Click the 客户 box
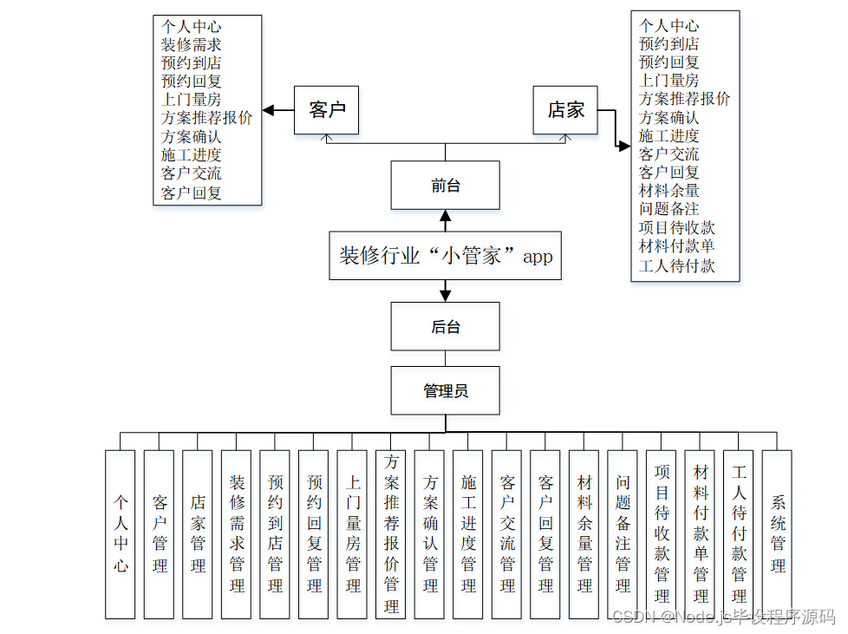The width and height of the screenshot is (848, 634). click(327, 110)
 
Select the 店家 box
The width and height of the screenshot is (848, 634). click(565, 110)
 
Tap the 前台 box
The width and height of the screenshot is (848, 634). click(445, 186)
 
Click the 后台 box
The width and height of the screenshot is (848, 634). click(445, 326)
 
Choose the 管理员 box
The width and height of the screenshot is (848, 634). click(445, 391)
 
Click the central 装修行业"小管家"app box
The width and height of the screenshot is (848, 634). click(445, 256)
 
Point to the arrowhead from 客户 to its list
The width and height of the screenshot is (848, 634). click(269, 110)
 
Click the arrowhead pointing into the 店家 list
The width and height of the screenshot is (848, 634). click(624, 147)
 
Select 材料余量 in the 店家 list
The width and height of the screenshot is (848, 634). click(669, 190)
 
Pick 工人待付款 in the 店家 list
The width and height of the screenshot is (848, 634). click(676, 266)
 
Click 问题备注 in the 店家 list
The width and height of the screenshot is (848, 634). click(669, 209)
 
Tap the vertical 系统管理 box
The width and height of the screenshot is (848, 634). click(777, 533)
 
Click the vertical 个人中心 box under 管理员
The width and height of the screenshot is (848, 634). click(121, 533)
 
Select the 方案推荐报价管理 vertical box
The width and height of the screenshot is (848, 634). click(391, 533)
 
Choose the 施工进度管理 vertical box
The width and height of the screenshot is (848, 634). click(468, 533)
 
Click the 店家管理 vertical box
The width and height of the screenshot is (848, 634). click(198, 533)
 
